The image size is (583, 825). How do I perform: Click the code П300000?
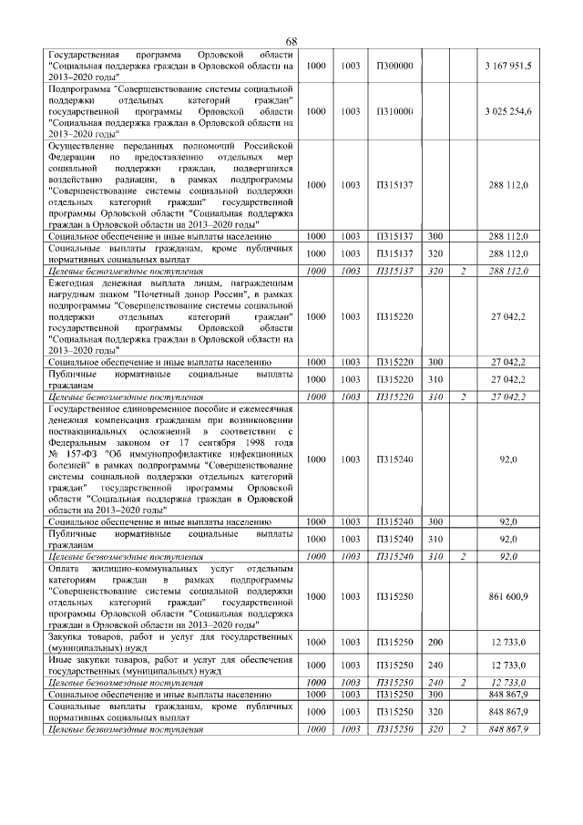click(x=394, y=66)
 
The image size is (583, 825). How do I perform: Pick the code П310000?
click(x=394, y=110)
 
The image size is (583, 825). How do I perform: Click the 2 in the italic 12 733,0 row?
click(x=463, y=682)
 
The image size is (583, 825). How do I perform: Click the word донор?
click(x=201, y=295)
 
